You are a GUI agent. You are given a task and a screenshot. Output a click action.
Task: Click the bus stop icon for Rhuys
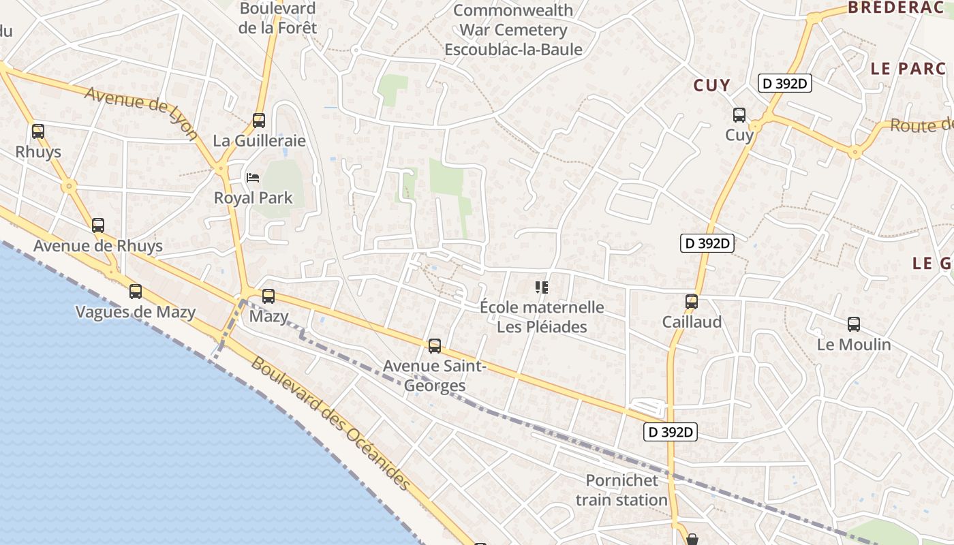point(38,131)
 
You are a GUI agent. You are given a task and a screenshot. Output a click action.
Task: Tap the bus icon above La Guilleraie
point(259,121)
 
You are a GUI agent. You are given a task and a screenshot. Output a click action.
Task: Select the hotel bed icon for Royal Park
point(253,178)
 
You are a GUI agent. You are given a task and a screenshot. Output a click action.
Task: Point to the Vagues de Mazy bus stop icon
point(136,292)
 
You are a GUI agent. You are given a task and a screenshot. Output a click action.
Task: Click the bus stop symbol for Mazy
point(268,296)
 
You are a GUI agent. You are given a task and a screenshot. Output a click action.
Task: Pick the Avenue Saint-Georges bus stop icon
point(435,346)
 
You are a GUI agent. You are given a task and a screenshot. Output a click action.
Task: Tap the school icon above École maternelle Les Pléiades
point(542,287)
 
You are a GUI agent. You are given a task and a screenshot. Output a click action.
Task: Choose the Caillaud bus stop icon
point(692,301)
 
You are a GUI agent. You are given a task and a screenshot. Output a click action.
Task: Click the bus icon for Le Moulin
point(854,324)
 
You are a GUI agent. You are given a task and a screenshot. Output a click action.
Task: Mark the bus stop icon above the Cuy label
point(739,115)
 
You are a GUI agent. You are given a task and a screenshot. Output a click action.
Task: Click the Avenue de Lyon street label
point(141,113)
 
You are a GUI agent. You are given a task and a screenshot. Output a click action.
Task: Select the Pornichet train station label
point(621,490)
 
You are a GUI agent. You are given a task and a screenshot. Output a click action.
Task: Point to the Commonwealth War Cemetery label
point(513,30)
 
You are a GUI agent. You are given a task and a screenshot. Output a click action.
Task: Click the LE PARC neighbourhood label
point(908,68)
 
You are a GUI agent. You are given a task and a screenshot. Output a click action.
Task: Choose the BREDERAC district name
point(899,8)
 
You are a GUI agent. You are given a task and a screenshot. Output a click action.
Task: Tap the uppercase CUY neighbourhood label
point(711,85)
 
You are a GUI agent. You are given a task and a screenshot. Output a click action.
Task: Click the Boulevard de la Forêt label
point(277,18)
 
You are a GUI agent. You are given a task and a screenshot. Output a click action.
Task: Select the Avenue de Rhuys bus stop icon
point(98,225)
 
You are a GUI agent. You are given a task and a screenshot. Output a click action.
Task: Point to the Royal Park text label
point(253,198)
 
